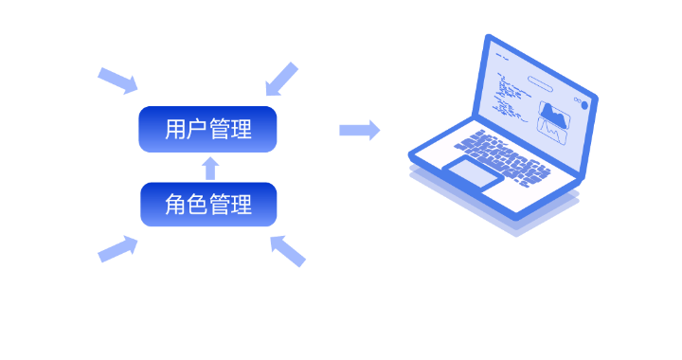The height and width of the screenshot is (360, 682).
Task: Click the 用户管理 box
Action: [207, 129]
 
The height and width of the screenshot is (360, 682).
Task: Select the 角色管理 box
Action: [208, 205]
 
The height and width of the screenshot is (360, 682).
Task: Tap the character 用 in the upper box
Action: [175, 129]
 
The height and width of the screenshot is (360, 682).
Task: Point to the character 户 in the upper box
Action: [197, 129]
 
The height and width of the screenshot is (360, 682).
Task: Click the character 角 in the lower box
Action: [175, 205]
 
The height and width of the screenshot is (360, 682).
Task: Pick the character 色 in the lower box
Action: [197, 205]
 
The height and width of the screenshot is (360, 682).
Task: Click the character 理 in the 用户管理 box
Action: [242, 129]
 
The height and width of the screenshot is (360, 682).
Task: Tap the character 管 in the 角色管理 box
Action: [220, 205]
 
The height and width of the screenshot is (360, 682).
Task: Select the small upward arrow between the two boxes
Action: [210, 169]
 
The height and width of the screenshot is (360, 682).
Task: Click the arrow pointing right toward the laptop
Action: [360, 130]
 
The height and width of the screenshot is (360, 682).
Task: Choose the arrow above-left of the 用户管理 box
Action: [117, 81]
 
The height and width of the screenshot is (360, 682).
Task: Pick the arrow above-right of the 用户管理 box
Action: [282, 79]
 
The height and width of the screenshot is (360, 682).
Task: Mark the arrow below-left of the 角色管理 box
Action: [117, 249]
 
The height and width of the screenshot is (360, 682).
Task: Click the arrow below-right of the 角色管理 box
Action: [288, 251]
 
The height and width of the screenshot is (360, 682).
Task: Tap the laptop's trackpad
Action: [474, 173]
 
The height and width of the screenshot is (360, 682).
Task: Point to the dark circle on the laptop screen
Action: [584, 105]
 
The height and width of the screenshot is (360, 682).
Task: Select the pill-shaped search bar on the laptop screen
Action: [540, 84]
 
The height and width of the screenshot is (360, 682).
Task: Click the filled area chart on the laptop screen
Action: [554, 115]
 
